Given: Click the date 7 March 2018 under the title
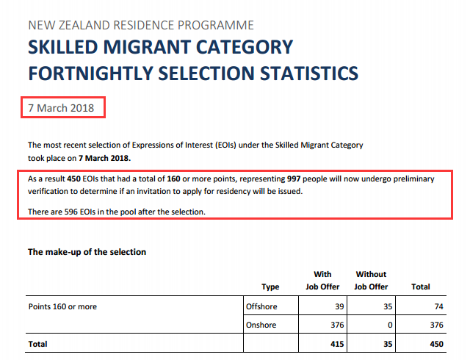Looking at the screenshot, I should tap(61, 108).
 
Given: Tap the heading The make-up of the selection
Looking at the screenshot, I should tap(87, 252).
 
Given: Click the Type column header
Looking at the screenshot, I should tap(270, 287).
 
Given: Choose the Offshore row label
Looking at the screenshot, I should tap(262, 306).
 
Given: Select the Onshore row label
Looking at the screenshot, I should tap(261, 325).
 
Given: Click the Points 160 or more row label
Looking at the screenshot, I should tap(62, 306).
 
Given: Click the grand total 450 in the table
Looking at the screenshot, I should tap(438, 344).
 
